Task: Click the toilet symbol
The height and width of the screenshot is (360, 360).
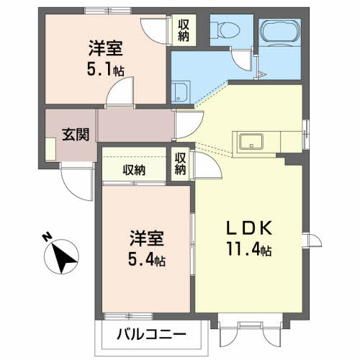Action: click(x=226, y=30)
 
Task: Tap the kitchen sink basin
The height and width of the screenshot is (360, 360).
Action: click(x=251, y=142)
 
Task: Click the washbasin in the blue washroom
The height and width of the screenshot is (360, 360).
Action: click(x=180, y=91)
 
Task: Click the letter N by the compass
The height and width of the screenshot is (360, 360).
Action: click(x=48, y=237)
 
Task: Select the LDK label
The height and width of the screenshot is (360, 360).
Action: click(x=249, y=228)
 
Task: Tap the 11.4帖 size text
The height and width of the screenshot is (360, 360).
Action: click(x=249, y=249)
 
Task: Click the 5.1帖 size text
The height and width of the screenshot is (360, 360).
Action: click(x=106, y=69)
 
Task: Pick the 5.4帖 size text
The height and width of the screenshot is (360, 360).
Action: click(x=147, y=259)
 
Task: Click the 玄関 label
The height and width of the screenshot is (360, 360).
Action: click(x=76, y=135)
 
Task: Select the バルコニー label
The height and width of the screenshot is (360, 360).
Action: click(x=151, y=334)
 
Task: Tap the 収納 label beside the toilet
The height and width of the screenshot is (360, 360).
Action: click(x=184, y=30)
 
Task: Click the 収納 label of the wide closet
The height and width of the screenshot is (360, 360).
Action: click(x=134, y=171)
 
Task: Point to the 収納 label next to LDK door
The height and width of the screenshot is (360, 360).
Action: click(x=180, y=164)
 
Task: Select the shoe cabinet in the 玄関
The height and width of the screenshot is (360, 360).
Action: click(x=50, y=149)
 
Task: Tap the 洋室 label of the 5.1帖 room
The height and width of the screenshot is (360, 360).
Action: click(x=106, y=48)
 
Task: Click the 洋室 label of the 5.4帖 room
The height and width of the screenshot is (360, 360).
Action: click(x=147, y=238)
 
